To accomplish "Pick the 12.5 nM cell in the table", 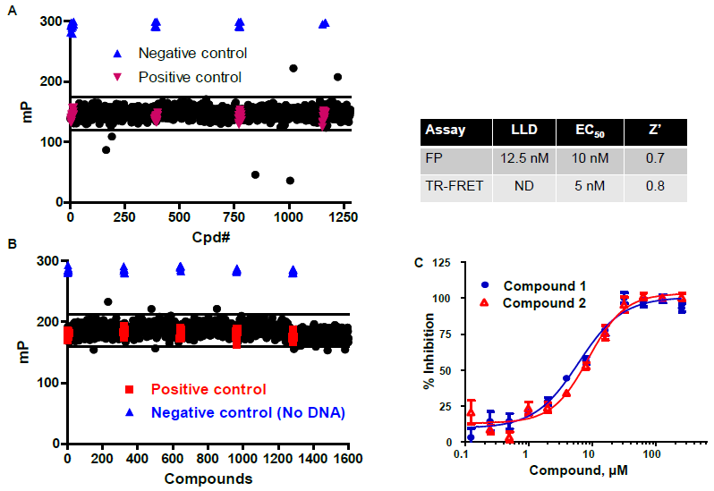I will pyautogui.click(x=523, y=159).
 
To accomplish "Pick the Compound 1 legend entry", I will pyautogui.click(x=538, y=287).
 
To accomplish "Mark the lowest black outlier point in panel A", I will pyautogui.click(x=290, y=181).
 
